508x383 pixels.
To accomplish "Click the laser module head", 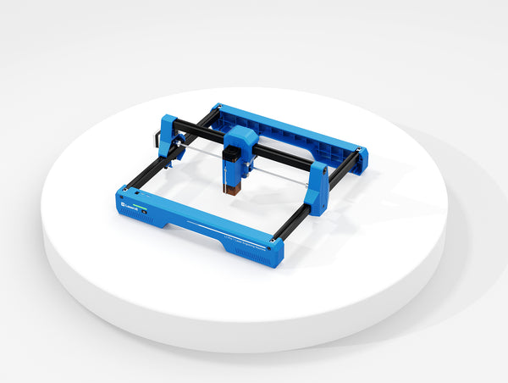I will [x=235, y=169].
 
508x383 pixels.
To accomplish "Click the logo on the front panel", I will [x=130, y=204].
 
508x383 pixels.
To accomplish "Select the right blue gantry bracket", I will [x=318, y=189].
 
